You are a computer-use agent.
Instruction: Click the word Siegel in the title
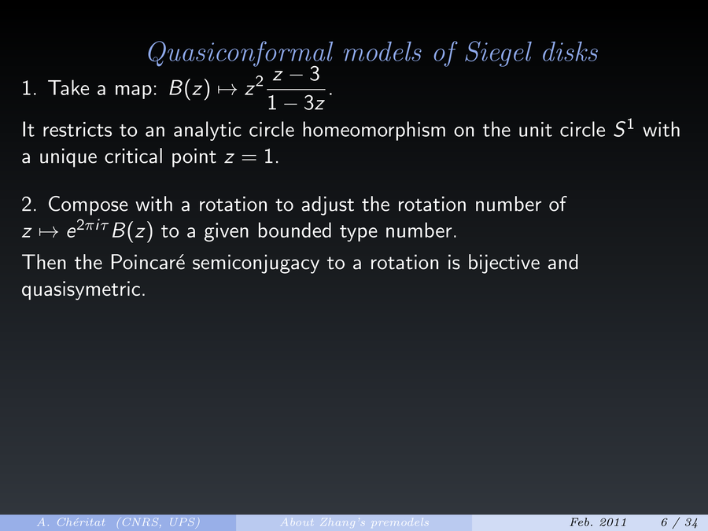pyautogui.click(x=499, y=53)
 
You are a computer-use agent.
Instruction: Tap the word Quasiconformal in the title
pyautogui.click(x=240, y=53)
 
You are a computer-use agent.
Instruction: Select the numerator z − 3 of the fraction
pyautogui.click(x=297, y=74)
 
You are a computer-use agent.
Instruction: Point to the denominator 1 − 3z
pyautogui.click(x=296, y=103)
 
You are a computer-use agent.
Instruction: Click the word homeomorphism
pyautogui.click(x=374, y=130)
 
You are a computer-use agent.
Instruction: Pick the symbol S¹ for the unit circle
pyautogui.click(x=623, y=129)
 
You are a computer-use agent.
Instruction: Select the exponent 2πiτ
pyautogui.click(x=93, y=223)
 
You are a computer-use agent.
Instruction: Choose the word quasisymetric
pyautogui.click(x=83, y=289)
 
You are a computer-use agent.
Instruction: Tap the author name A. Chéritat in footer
pyautogui.click(x=72, y=522)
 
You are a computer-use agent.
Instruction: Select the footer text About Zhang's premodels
pyautogui.click(x=355, y=522)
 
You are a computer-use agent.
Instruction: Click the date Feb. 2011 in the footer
pyautogui.click(x=599, y=522)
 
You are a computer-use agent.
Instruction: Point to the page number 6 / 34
pyautogui.click(x=679, y=522)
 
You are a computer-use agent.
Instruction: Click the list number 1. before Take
pyautogui.click(x=29, y=88)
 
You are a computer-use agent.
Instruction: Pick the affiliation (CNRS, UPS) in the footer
pyautogui.click(x=158, y=522)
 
